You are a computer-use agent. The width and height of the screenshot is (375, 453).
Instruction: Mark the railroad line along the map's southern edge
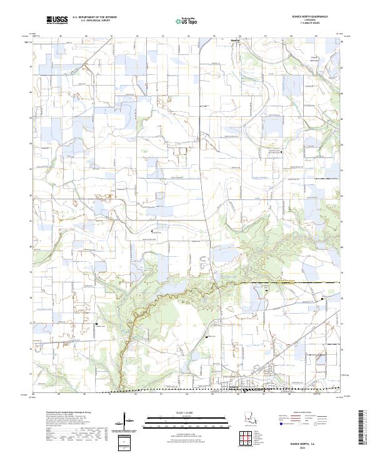click(x=187, y=391)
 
